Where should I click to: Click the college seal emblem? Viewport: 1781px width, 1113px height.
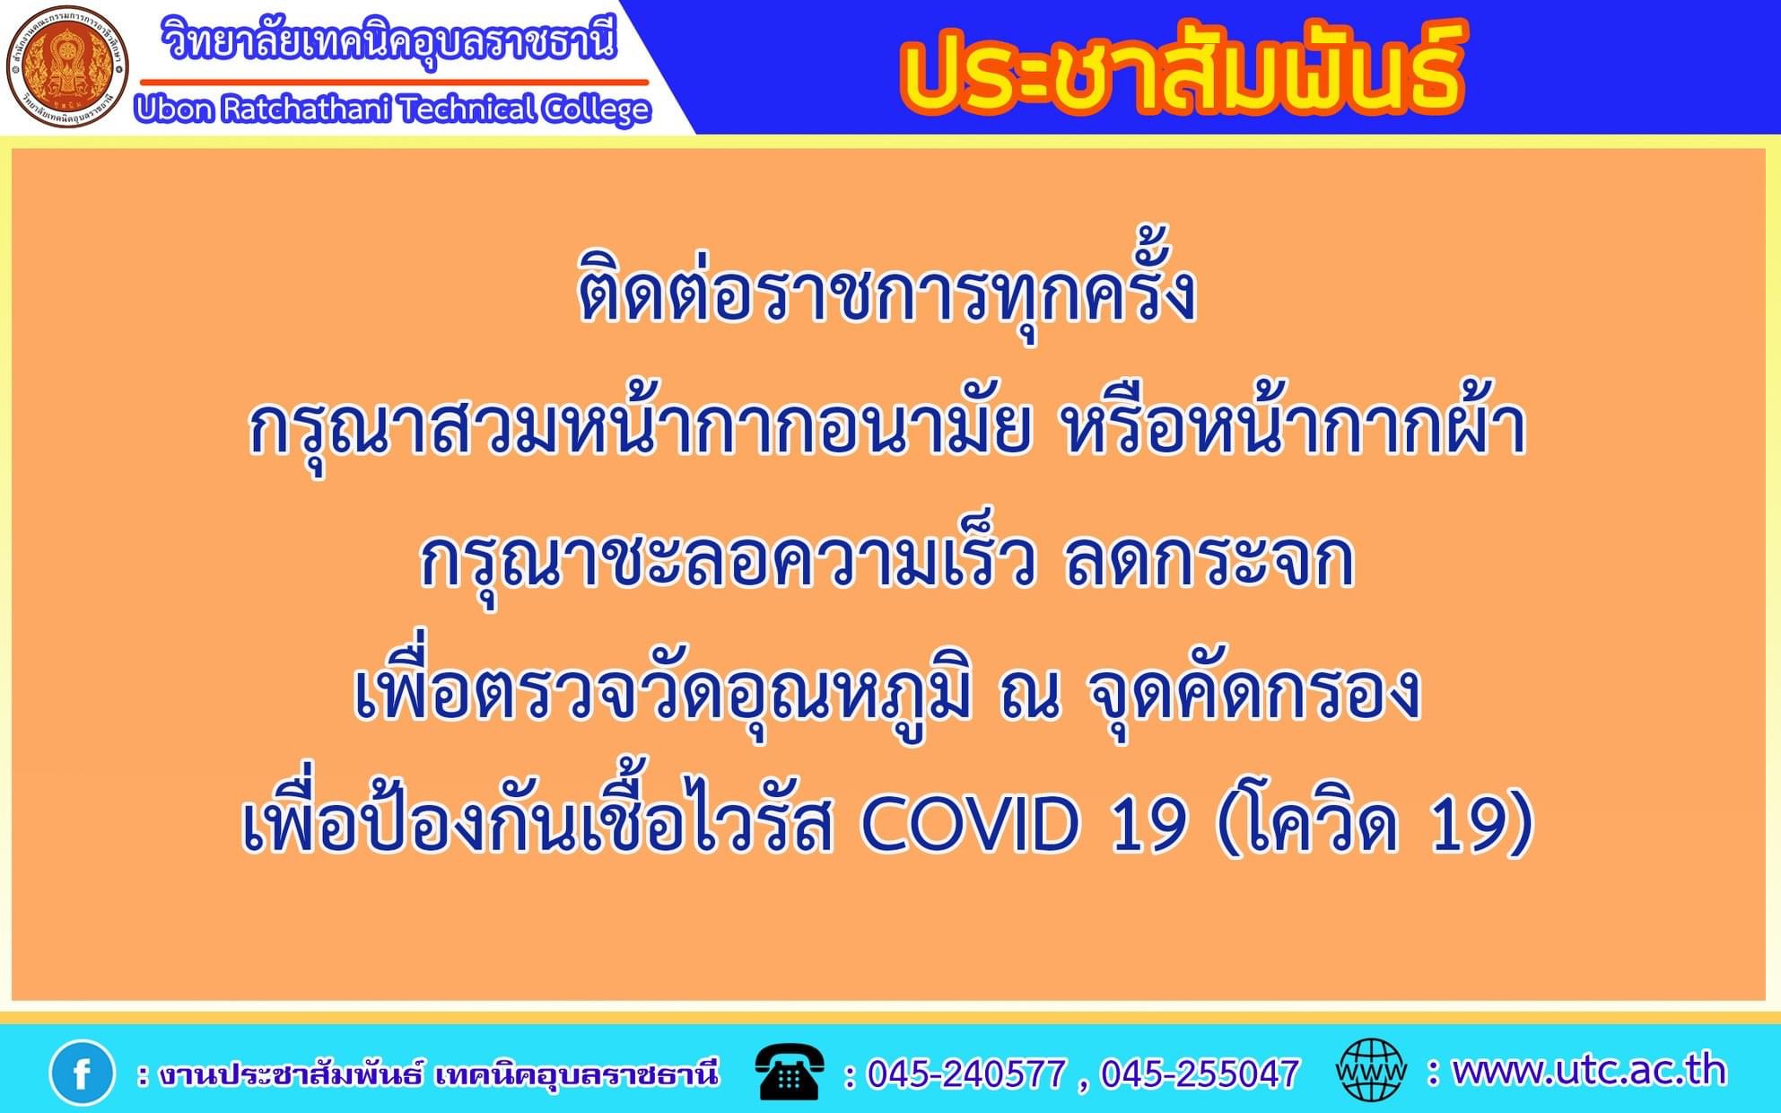(x=67, y=67)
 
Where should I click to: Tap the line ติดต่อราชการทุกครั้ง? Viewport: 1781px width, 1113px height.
(x=887, y=292)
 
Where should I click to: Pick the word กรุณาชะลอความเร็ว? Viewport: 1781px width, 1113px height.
(x=728, y=561)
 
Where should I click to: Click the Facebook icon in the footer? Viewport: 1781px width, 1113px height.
(x=82, y=1072)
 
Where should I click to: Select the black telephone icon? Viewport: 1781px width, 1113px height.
(x=790, y=1072)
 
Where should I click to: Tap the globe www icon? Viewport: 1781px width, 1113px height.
(x=1371, y=1070)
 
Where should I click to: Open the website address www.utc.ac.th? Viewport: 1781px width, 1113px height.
(x=1589, y=1071)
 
